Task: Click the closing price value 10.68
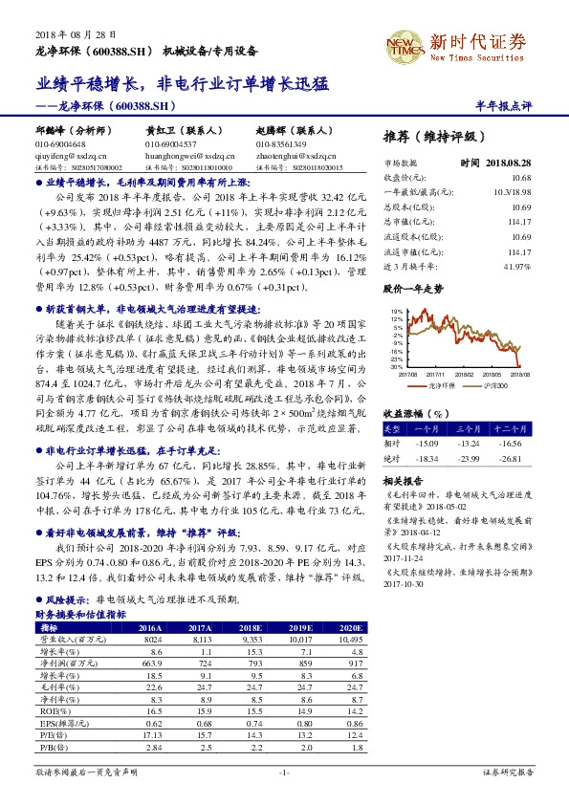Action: pyautogui.click(x=521, y=178)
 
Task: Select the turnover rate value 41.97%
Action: pyautogui.click(x=517, y=265)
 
